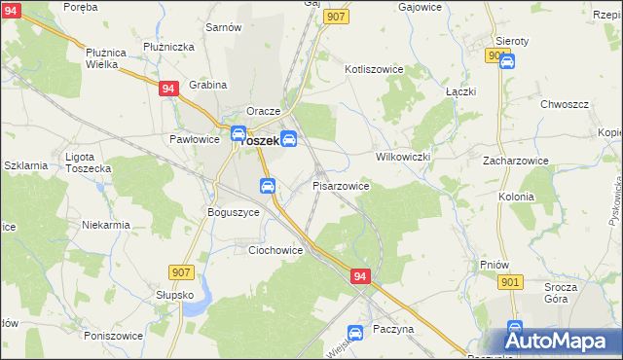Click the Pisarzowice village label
(341, 185)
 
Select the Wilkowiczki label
(403, 156)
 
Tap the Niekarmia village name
(107, 225)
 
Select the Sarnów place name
(223, 27)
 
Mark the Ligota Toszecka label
(88, 162)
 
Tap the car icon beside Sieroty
(507, 61)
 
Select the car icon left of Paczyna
(356, 333)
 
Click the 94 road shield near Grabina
(168, 89)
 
